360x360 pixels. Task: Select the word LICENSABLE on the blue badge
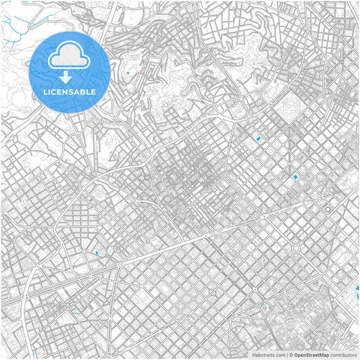(69, 91)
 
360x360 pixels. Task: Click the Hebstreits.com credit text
(264, 354)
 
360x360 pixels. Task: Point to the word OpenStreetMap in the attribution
(311, 354)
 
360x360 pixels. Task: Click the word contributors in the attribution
(343, 354)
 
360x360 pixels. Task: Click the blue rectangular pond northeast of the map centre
(257, 138)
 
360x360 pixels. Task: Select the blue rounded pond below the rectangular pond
(294, 177)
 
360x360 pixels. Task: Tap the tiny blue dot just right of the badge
(127, 72)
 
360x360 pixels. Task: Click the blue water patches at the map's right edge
(356, 292)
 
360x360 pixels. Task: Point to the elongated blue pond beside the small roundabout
(96, 253)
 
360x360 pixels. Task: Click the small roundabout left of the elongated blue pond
(83, 251)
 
